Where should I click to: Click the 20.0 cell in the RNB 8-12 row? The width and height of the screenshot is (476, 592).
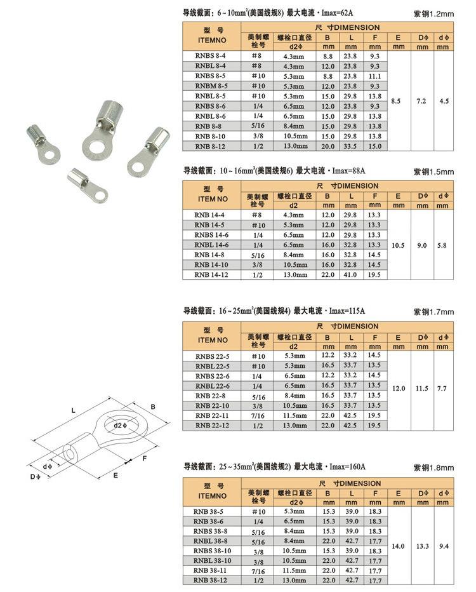[328, 146]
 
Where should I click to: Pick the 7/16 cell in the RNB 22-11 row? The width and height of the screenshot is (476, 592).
[258, 415]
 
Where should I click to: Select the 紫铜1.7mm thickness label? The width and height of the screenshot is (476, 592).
[434, 312]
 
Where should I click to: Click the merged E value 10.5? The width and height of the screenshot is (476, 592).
[398, 245]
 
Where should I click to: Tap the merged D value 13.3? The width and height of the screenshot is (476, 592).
[422, 546]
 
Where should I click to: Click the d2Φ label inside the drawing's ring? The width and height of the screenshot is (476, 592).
[122, 424]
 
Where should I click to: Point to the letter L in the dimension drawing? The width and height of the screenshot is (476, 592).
[74, 411]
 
